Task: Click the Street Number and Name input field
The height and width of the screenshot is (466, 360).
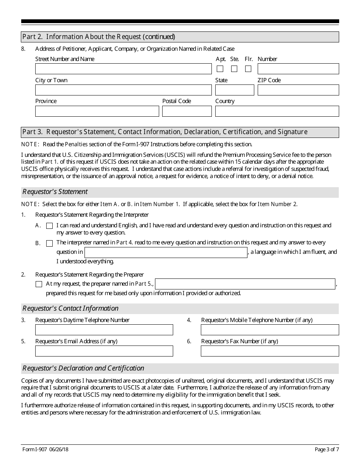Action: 123,69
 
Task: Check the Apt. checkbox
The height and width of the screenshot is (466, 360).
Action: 220,69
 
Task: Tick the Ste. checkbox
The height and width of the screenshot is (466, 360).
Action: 234,69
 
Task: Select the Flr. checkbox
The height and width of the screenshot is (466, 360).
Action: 248,69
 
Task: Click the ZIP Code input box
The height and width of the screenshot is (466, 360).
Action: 298,90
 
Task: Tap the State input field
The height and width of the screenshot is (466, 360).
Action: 235,90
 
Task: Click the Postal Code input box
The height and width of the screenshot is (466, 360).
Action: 187,111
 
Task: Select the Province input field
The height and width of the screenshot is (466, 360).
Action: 97,111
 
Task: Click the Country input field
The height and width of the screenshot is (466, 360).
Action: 277,111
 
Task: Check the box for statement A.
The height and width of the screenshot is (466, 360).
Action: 49,226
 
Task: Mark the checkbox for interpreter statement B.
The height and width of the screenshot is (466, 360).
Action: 49,243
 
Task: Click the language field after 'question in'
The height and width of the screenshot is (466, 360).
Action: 166,253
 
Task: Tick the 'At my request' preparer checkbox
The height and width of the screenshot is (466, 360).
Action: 39,284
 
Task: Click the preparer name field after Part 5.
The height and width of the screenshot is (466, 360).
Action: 245,284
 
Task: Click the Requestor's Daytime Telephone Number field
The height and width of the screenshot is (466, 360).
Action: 104,330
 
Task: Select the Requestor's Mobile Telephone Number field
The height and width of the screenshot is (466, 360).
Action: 270,330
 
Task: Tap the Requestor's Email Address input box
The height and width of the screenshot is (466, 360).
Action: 104,351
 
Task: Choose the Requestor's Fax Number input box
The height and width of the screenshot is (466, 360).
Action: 270,351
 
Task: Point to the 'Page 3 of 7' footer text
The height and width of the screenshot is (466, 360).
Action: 327,450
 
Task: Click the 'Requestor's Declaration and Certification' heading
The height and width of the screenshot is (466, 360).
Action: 83,368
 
